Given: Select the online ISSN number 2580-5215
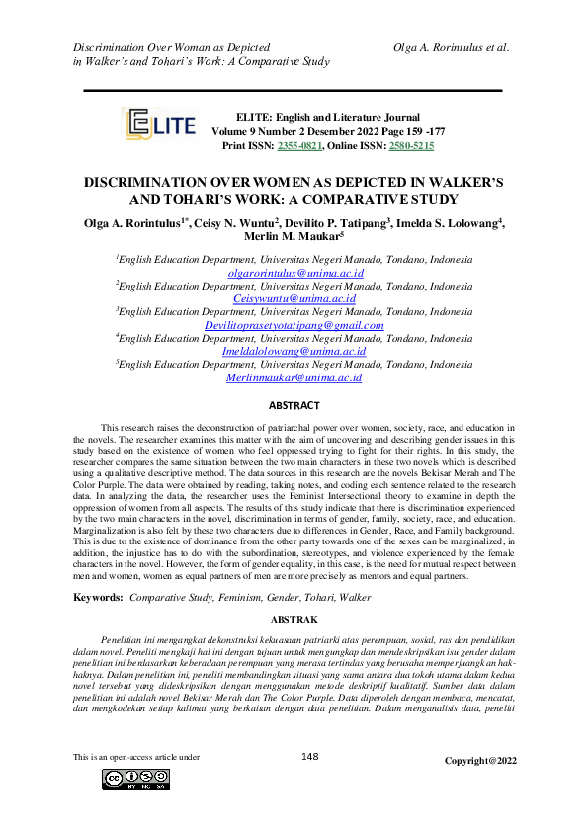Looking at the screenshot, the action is point(411,145).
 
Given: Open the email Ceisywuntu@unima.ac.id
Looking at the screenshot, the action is point(294,298).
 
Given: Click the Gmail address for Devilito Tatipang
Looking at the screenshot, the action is point(294,324).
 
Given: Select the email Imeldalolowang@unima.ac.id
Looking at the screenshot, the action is point(294,351).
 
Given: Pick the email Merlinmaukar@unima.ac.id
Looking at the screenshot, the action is point(294,377).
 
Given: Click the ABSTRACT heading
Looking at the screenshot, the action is point(294,406).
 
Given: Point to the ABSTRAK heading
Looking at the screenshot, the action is point(294,620).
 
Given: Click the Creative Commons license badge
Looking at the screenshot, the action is point(135,780).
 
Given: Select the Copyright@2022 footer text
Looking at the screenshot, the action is point(480,761).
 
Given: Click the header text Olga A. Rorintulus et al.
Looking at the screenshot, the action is point(451,47).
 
